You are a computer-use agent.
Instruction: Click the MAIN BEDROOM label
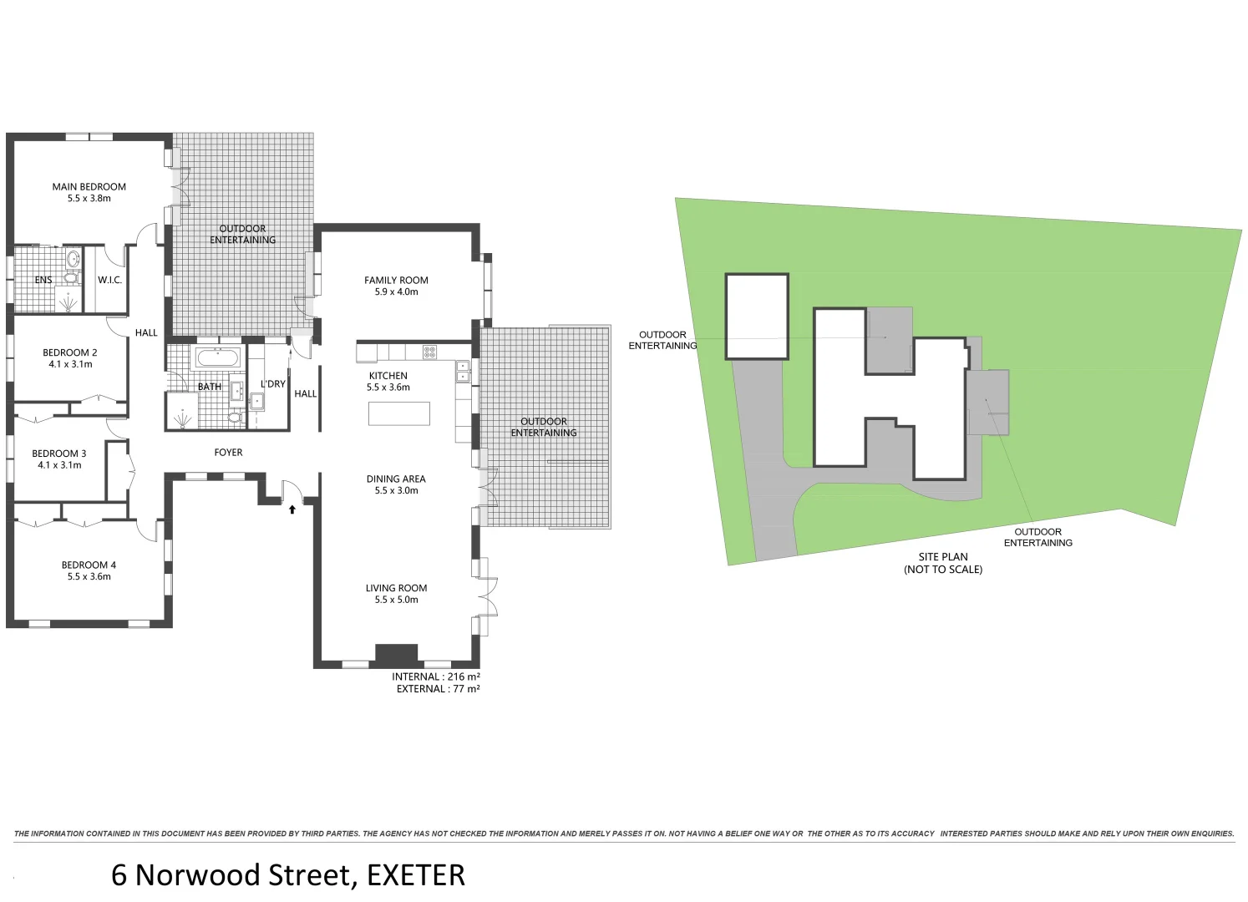[x=89, y=187]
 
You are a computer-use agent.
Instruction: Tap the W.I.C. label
[x=109, y=280]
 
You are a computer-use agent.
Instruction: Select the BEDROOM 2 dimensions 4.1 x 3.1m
[x=70, y=364]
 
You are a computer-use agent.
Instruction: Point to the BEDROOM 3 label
[x=59, y=454]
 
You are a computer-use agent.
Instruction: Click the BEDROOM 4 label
[x=89, y=565]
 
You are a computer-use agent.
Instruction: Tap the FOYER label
[x=228, y=453]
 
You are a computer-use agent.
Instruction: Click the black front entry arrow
[x=292, y=508]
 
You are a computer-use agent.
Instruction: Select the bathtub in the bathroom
[x=218, y=359]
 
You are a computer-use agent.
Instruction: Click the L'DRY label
[x=273, y=384]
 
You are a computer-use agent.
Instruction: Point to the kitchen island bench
[x=399, y=413]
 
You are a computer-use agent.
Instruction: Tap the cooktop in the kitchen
[x=429, y=352]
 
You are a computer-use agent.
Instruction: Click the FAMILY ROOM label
[x=396, y=281]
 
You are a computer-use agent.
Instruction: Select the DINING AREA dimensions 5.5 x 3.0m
[x=396, y=491]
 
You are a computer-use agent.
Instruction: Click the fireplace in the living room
[x=396, y=654]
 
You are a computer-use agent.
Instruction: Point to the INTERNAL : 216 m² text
[x=435, y=676]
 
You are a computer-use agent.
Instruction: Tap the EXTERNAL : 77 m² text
[x=438, y=689]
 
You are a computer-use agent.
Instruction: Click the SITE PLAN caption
[x=943, y=557]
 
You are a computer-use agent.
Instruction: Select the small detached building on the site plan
[x=757, y=317]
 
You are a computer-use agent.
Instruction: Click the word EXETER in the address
[x=415, y=875]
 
